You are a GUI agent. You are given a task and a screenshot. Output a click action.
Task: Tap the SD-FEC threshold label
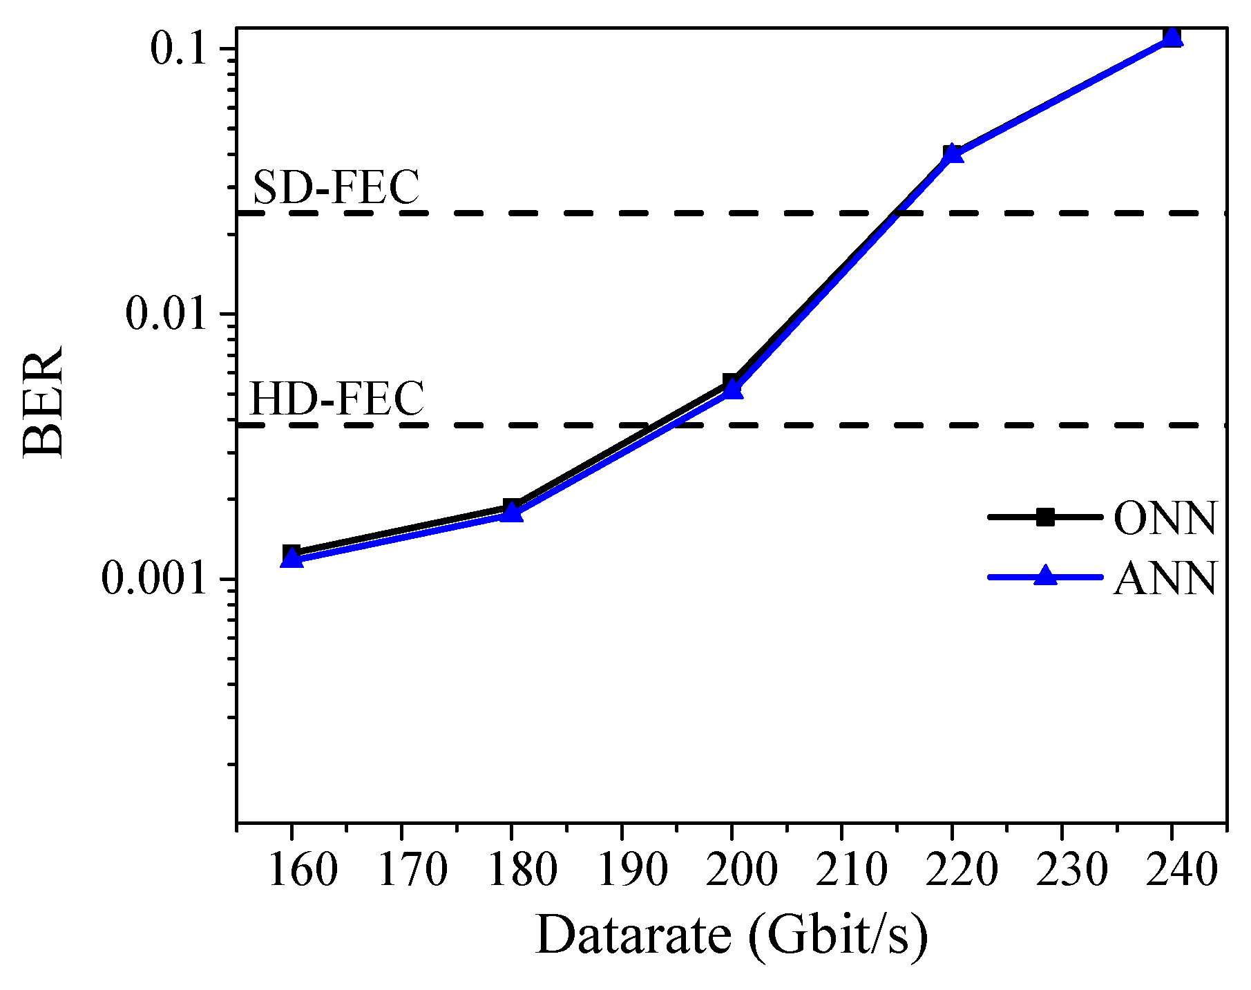[336, 187]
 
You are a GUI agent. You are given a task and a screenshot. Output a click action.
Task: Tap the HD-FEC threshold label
[336, 399]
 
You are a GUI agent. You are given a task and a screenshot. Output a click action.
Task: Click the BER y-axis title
[43, 401]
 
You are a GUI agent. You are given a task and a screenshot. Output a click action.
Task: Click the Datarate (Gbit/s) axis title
[731, 935]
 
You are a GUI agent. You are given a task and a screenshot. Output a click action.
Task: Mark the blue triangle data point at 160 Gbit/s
[292, 558]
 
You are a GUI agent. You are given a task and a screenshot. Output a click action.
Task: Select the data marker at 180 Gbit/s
[512, 512]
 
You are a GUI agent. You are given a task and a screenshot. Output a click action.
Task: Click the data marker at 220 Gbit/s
[952, 153]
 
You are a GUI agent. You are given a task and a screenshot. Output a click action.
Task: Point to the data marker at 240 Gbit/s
[1172, 37]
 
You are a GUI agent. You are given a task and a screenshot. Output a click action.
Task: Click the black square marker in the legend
[1046, 517]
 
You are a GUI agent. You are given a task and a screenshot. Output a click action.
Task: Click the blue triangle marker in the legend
[1046, 575]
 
